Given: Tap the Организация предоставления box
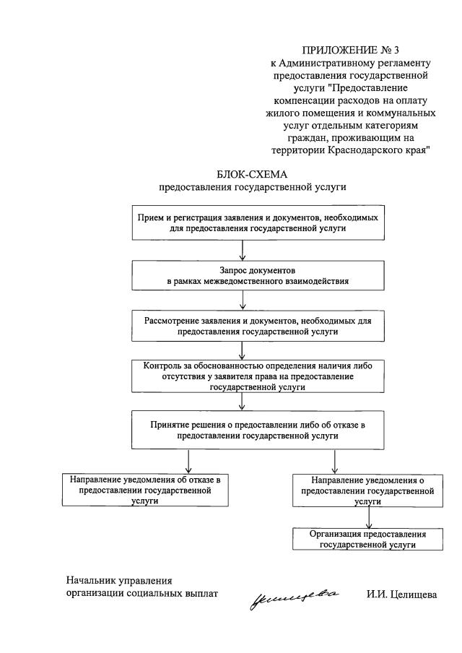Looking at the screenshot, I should point(368,540).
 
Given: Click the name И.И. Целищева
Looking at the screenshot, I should point(401,594).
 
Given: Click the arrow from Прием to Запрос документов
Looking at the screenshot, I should point(243,249).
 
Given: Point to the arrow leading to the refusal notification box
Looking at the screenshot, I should point(188,460).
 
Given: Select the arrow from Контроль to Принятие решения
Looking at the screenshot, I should point(243,402).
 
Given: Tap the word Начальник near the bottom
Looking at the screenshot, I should point(92,580).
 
